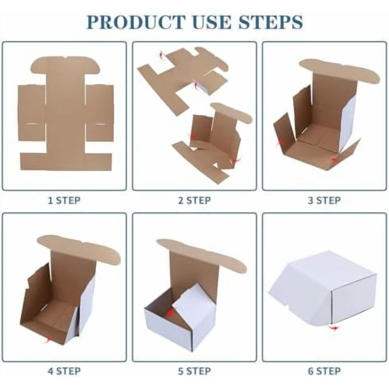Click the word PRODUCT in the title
136,22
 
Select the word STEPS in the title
270,22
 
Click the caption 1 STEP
64,200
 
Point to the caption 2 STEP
194,200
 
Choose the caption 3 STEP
324,200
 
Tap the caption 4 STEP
64,371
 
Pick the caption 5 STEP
194,371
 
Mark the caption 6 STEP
324,371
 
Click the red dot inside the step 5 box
170,313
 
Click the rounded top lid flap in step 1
65,65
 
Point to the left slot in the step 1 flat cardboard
32,123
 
